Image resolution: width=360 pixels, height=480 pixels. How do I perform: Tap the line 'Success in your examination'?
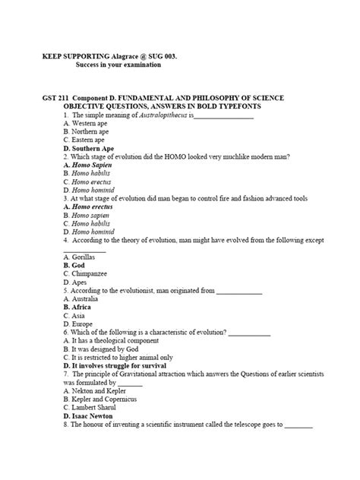tap(118, 65)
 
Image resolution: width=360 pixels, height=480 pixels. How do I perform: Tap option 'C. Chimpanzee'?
tap(87, 274)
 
